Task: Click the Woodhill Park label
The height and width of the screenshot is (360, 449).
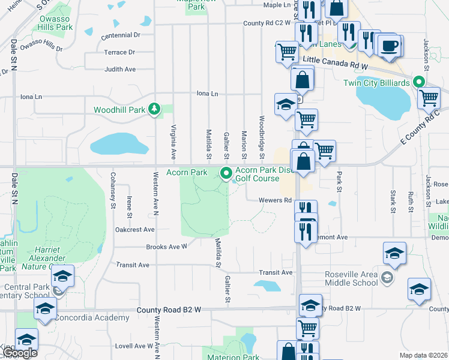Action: click(x=119, y=110)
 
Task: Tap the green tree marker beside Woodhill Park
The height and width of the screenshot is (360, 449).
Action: click(x=155, y=109)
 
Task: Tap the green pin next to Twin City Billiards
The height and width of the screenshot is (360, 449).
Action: click(x=420, y=83)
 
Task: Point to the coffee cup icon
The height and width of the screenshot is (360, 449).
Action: click(x=391, y=47)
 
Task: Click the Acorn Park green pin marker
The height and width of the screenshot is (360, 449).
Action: click(x=226, y=174)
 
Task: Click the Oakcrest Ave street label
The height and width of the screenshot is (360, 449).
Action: click(x=135, y=229)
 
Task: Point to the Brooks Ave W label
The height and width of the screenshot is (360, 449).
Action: click(x=167, y=247)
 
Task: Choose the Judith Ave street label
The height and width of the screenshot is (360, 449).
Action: click(x=120, y=70)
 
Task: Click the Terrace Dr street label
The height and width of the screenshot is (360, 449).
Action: click(x=119, y=53)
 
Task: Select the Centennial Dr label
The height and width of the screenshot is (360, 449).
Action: click(x=120, y=36)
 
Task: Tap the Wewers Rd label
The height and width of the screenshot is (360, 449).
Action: click(x=275, y=200)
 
